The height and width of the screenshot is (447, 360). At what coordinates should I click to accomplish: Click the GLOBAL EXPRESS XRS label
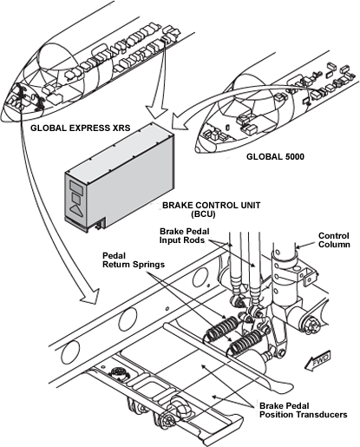81,128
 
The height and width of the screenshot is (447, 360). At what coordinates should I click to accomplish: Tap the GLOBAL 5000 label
275,156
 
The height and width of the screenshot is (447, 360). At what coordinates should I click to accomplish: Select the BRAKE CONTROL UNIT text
211,205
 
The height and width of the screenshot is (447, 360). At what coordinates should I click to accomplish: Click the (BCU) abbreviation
203,214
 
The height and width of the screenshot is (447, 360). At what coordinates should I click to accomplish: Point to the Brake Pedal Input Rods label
185,235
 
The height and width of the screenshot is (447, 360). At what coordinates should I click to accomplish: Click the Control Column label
334,240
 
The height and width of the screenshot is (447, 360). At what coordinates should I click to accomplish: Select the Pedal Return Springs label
134,260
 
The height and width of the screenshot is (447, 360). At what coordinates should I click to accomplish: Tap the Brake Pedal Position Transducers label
303,410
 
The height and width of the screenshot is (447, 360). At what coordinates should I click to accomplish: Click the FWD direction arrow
317,360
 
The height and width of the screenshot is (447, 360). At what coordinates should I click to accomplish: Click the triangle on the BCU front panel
75,211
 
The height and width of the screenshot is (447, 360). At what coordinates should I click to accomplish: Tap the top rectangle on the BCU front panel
76,187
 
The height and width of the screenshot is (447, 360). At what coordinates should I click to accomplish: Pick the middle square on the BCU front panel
76,199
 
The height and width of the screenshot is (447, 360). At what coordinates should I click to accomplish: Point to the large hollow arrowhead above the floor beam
90,297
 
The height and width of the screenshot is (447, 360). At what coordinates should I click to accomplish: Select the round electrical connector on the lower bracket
118,372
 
